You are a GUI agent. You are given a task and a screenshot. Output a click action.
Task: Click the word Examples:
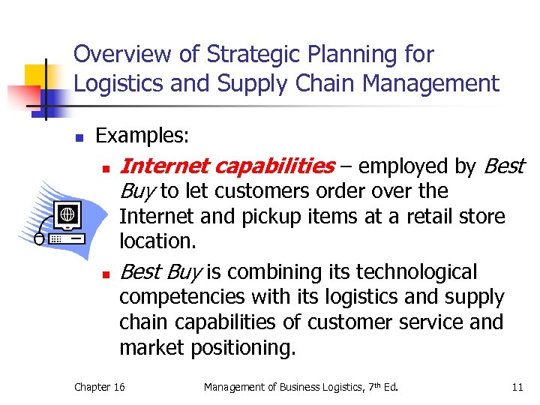(142, 136)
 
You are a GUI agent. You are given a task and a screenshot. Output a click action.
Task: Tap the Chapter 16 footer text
(100, 387)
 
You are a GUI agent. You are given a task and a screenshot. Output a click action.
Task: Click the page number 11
(517, 387)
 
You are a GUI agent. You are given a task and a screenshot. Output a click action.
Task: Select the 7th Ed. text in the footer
(379, 387)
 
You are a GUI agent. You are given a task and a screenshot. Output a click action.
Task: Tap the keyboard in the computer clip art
(67, 239)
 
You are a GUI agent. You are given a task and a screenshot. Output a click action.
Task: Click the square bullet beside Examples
(78, 137)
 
